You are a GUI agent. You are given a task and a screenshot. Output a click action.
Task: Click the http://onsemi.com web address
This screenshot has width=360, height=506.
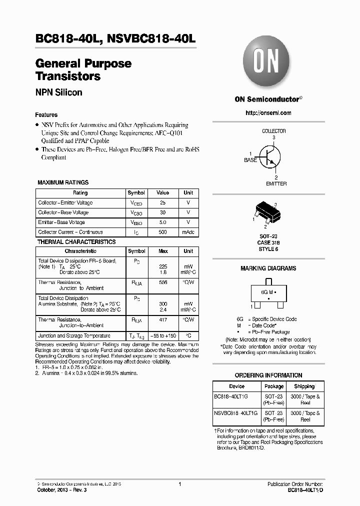(268, 113)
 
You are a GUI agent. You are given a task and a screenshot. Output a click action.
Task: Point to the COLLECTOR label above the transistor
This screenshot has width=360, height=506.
(273, 131)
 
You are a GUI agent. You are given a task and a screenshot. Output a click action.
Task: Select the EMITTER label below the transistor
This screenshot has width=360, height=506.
(276, 183)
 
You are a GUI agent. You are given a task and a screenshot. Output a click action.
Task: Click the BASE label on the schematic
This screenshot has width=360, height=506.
(250, 160)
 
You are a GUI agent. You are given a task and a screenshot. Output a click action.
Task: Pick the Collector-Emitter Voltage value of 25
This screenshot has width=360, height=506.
(162, 203)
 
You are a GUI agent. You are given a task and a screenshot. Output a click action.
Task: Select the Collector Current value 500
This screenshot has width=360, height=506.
(162, 232)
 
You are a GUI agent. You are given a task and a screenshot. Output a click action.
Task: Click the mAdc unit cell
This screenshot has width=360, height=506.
(188, 232)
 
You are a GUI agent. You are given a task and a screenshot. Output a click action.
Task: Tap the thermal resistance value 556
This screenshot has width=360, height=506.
(162, 282)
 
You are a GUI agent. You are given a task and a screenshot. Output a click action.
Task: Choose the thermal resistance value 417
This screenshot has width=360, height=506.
(162, 319)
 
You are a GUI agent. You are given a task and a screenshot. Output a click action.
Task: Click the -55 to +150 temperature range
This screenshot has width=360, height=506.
(162, 336)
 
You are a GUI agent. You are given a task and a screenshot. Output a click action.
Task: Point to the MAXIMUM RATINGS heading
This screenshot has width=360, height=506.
(63, 183)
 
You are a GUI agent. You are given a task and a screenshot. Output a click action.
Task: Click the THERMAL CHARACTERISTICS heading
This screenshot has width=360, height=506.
(76, 242)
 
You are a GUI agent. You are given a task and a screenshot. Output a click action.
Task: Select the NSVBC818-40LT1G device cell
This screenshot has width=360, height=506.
(236, 413)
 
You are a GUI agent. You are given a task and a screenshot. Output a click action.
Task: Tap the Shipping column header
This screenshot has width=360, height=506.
(304, 386)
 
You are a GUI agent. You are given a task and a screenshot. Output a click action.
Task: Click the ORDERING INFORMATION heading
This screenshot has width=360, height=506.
(268, 375)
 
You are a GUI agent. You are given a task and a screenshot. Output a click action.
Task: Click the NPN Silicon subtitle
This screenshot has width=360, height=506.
(58, 92)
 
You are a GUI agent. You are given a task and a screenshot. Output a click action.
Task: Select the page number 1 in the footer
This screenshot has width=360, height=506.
(179, 484)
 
